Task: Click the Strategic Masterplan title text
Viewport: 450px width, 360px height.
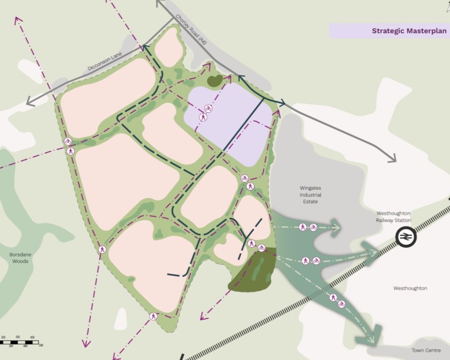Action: [x=409, y=31]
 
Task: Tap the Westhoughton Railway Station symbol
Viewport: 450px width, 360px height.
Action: [x=406, y=237]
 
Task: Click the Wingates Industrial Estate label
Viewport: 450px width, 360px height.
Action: [x=311, y=195]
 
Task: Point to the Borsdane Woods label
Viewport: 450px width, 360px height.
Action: [x=19, y=258]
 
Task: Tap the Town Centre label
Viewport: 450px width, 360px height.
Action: [x=424, y=350]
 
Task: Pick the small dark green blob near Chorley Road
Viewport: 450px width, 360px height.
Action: [x=214, y=81]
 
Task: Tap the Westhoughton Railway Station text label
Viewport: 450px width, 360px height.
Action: [x=393, y=217]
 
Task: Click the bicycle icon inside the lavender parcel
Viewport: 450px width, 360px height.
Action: [x=208, y=108]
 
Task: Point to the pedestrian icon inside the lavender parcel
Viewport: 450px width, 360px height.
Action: [x=203, y=117]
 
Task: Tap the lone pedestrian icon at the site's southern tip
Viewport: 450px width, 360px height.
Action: [x=154, y=316]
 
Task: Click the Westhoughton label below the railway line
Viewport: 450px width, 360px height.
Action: [x=410, y=288]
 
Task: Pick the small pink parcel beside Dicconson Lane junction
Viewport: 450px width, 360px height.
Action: [x=169, y=47]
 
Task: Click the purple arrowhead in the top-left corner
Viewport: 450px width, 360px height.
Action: [x=18, y=20]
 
